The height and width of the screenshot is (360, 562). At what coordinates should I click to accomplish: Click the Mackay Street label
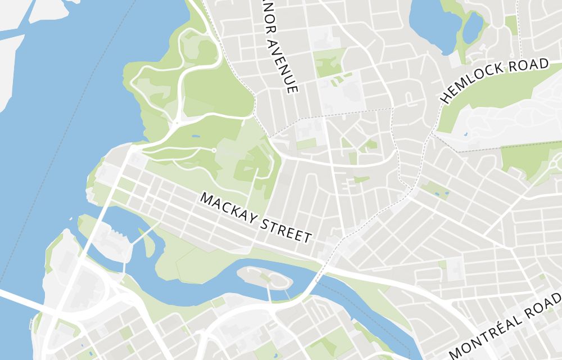tap(256, 218)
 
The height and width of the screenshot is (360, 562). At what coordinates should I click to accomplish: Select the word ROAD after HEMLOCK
tap(529, 66)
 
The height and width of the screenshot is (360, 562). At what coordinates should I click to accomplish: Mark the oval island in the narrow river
tap(264, 277)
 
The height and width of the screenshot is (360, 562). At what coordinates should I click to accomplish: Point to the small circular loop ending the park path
tap(214, 151)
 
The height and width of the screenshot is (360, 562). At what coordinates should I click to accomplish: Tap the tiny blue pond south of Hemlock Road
tap(465, 134)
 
